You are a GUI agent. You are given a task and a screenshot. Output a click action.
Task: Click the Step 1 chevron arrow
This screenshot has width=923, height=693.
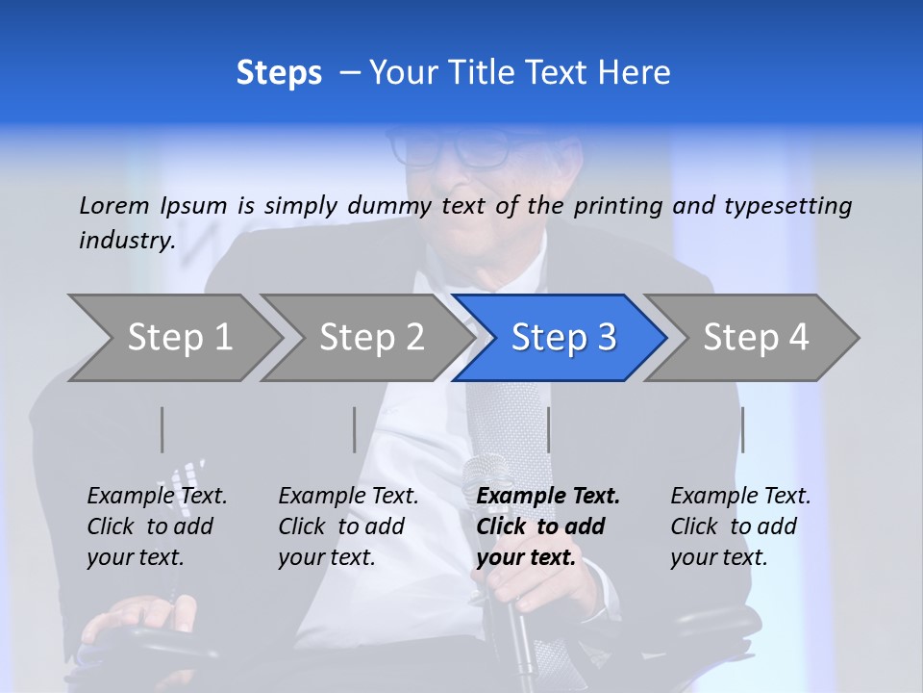[178, 338]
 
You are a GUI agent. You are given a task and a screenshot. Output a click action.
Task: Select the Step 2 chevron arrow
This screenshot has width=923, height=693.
[370, 338]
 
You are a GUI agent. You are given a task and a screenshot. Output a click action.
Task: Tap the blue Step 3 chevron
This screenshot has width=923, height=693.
[562, 338]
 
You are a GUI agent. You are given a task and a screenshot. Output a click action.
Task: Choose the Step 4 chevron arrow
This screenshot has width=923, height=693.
[755, 338]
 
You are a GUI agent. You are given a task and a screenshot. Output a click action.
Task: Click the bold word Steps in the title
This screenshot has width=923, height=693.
[279, 73]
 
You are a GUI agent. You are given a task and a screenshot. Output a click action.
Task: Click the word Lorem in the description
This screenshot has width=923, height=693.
[114, 206]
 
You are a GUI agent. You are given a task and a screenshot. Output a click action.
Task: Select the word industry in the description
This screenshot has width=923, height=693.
[127, 241]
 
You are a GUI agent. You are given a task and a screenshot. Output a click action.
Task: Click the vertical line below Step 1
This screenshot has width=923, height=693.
[162, 429]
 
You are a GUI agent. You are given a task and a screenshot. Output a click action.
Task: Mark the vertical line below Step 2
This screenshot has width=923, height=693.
[355, 429]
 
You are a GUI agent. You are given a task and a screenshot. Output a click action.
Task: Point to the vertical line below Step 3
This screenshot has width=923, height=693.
[548, 429]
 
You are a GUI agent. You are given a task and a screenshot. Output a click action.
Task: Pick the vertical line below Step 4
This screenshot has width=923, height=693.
[743, 429]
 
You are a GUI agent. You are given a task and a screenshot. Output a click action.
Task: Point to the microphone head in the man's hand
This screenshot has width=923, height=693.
[486, 476]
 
